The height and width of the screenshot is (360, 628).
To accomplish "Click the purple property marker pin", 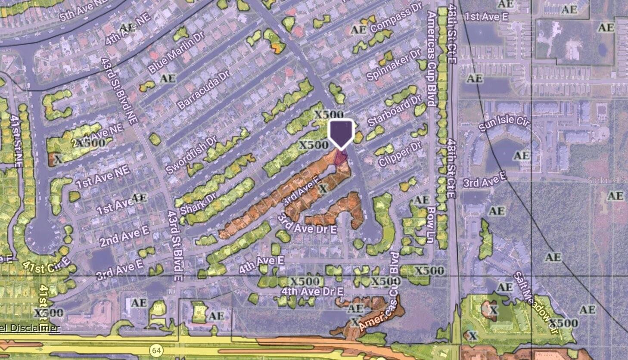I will pyautogui.click(x=341, y=133).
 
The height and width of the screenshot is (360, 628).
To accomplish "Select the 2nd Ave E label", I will pyautogui.click(x=124, y=236).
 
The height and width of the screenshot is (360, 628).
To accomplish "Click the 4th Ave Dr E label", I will pyautogui.click(x=312, y=292).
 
